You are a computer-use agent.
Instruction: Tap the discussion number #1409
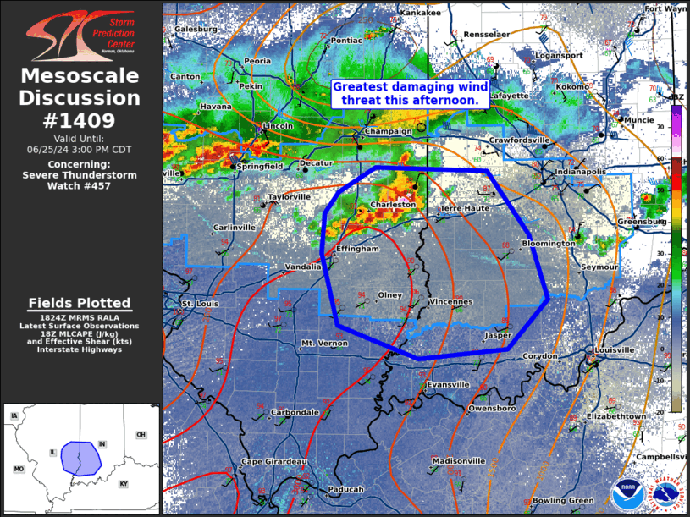[80, 120]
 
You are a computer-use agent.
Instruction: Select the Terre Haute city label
[465, 208]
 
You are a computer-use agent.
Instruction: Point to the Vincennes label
[451, 301]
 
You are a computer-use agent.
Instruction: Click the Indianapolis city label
[580, 172]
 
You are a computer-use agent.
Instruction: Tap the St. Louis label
[200, 302]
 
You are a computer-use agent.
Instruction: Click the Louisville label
[614, 349]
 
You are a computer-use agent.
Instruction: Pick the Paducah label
[345, 489]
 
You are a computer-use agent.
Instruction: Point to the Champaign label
[388, 131]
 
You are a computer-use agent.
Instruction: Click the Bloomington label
[548, 243]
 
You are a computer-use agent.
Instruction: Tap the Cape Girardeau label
[274, 461]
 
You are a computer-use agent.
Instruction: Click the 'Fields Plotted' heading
[80, 303]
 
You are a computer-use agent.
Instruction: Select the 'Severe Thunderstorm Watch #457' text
[80, 175]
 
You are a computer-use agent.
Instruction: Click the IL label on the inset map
[53, 453]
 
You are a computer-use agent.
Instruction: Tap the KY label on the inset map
[124, 483]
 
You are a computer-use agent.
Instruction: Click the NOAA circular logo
[627, 494]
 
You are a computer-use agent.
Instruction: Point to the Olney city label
[389, 295]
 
